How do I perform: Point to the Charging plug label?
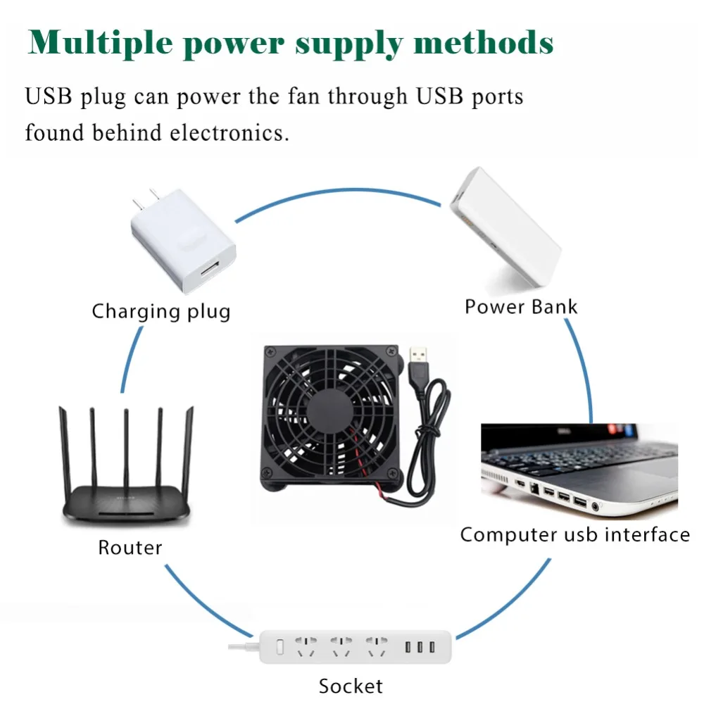(161, 310)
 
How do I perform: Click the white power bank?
(505, 230)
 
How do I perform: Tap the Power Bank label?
(521, 307)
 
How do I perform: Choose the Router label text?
(130, 547)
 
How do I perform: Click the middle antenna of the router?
(126, 444)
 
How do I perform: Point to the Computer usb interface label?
(574, 534)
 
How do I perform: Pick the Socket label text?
(350, 685)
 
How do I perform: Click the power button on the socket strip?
(278, 645)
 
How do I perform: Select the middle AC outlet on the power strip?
(341, 646)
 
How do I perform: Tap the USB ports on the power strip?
(418, 646)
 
